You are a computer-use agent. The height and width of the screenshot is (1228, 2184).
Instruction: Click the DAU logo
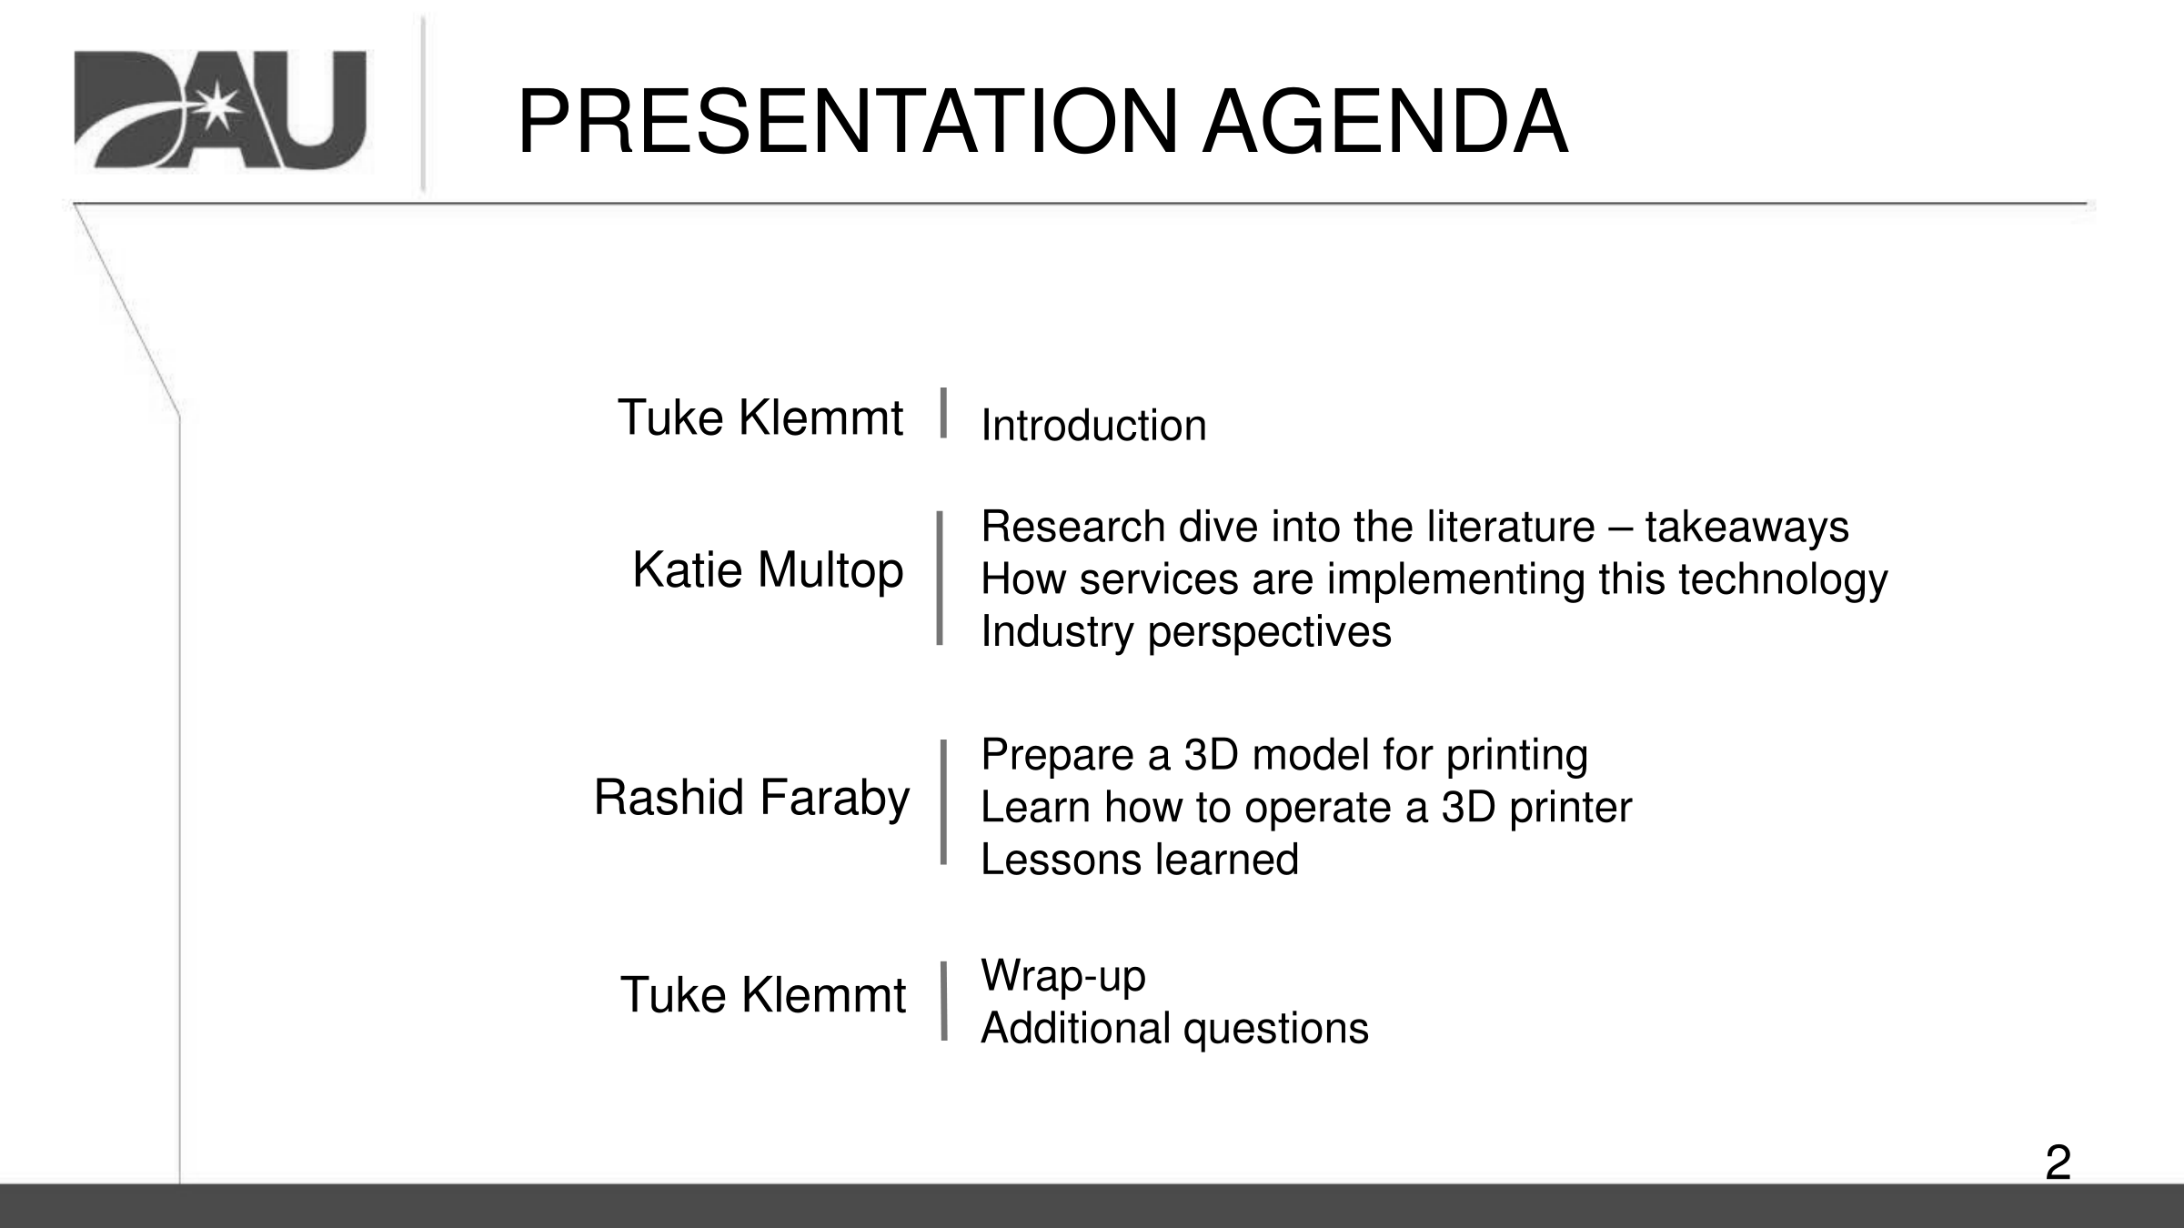pos(220,110)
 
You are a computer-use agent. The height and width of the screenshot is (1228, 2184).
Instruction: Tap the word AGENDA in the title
pos(1385,122)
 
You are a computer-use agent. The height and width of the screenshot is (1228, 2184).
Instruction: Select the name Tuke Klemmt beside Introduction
pos(760,418)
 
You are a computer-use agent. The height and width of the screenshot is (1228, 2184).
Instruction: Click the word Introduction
pos(1093,426)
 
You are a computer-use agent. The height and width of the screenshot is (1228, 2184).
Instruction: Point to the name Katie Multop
pos(768,571)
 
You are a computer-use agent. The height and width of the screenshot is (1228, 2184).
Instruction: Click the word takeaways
pos(1746,527)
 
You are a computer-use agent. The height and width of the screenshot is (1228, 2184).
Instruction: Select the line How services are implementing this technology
pos(1434,580)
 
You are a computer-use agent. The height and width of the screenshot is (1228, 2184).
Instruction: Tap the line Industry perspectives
pos(1186,632)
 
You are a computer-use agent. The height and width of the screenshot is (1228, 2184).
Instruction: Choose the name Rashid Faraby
pos(751,799)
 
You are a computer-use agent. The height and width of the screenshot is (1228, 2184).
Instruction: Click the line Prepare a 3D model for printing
pos(1284,756)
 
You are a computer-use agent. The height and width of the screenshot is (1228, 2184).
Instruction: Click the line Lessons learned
pos(1140,860)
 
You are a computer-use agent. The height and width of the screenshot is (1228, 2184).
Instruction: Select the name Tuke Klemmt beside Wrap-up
pos(762,995)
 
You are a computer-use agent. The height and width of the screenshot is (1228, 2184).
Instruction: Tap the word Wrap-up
pos(1062,977)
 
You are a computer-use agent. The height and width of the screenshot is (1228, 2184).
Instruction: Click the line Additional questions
pos(1174,1029)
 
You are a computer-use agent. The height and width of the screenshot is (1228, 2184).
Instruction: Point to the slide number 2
pos(2058,1163)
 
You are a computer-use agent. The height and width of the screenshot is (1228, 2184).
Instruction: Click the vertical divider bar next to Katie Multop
pos(940,579)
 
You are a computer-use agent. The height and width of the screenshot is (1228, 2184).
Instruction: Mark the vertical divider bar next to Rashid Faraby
pos(943,801)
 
